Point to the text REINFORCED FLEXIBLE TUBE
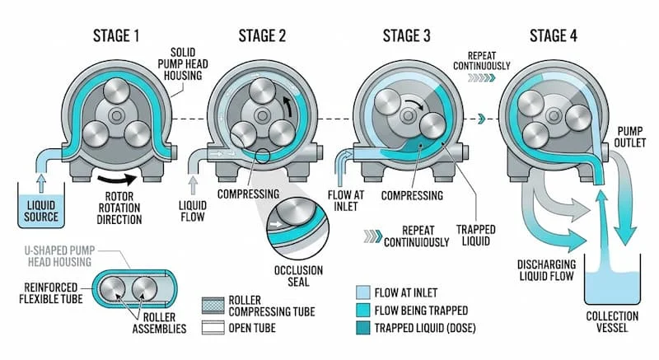click(39, 292)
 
